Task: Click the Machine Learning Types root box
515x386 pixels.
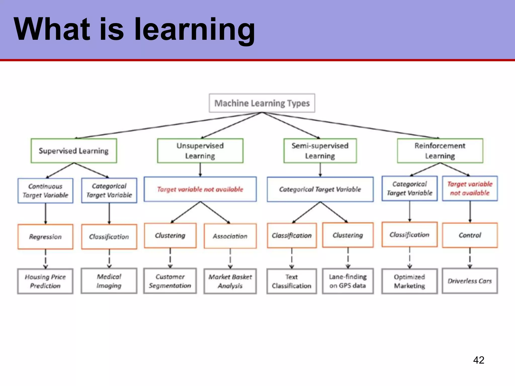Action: tap(262, 103)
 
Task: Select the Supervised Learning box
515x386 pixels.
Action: tap(74, 151)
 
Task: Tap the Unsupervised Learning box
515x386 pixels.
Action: tap(200, 151)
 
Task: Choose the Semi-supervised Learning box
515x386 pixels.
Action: tap(320, 151)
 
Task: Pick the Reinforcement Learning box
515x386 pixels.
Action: tap(440, 151)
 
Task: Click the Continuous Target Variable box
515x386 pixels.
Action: tap(45, 191)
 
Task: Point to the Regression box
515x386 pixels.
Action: tap(45, 237)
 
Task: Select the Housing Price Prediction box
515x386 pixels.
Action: tap(45, 281)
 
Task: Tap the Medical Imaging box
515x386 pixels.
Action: tap(109, 281)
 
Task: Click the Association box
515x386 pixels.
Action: tap(230, 236)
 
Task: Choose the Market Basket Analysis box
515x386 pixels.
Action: tap(230, 281)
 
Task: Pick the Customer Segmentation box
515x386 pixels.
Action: tap(170, 281)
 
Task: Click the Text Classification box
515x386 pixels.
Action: tap(292, 281)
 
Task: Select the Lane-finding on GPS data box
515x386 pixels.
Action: tap(348, 281)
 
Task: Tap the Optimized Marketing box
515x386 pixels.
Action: tap(409, 281)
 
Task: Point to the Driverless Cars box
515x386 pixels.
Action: tap(470, 281)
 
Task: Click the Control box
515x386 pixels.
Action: tap(470, 235)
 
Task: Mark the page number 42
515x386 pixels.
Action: tap(479, 360)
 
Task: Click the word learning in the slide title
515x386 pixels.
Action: tap(195, 30)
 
